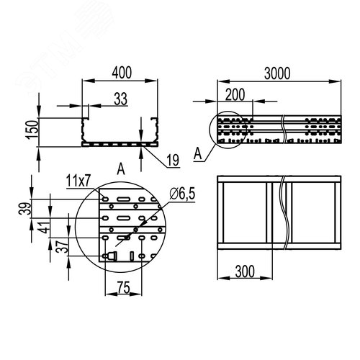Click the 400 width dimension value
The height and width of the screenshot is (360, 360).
pos(122,73)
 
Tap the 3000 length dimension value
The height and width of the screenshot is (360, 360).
pos(277,73)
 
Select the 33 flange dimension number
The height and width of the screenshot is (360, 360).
pos(120,99)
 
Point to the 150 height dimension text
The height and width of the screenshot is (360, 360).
pos(32,130)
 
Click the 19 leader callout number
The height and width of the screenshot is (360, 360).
pos(173,161)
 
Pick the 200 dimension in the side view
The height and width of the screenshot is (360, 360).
pos(235,94)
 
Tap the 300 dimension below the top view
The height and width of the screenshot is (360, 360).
pos(245,271)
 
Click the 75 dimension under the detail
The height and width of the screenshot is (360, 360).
pos(124,287)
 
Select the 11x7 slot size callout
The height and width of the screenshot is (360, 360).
pos(78,181)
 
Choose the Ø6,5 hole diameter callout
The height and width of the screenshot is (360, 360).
pos(182,194)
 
